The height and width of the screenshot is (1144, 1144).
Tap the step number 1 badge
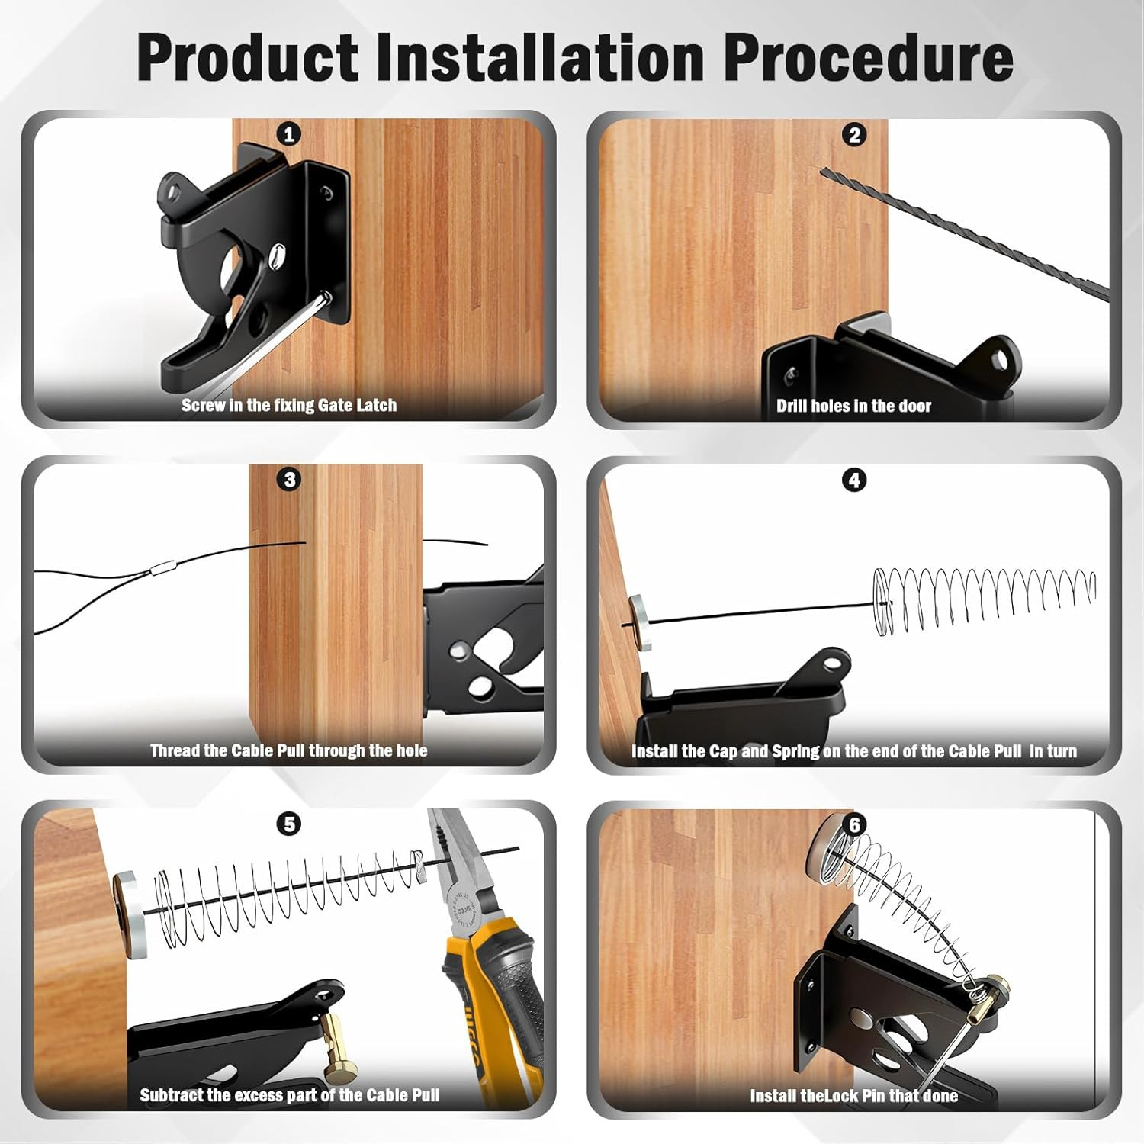pyautogui.click(x=288, y=135)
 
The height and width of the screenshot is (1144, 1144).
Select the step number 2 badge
pyautogui.click(x=854, y=135)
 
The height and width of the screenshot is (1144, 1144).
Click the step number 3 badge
pyautogui.click(x=289, y=480)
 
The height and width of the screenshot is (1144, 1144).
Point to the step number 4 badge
pyautogui.click(x=854, y=480)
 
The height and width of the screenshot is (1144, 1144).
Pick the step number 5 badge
pyautogui.click(x=289, y=824)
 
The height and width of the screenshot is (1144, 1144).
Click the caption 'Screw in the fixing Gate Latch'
pyautogui.click(x=288, y=405)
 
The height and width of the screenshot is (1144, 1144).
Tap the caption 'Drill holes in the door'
pyautogui.click(x=853, y=406)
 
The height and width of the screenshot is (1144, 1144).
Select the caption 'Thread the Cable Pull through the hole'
pyautogui.click(x=288, y=750)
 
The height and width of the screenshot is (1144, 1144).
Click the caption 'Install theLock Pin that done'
pyautogui.click(x=853, y=1096)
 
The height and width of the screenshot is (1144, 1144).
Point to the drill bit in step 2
pyautogui.click(x=961, y=229)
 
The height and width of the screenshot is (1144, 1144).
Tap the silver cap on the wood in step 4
pyautogui.click(x=640, y=622)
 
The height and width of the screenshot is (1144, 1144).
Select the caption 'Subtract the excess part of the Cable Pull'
pyautogui.click(x=290, y=1095)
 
